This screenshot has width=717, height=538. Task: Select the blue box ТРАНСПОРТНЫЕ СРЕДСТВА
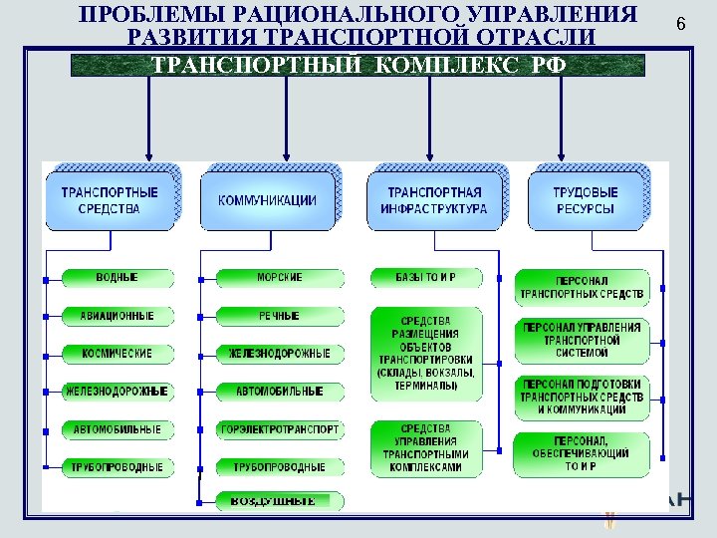click(110, 200)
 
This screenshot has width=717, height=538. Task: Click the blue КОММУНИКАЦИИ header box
click(267, 200)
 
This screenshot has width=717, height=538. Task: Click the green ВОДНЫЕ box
click(118, 277)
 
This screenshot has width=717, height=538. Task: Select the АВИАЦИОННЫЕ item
click(118, 316)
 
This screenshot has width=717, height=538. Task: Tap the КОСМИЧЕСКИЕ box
click(118, 354)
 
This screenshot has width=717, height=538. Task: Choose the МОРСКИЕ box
click(280, 277)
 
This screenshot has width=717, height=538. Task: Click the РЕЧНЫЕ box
click(280, 316)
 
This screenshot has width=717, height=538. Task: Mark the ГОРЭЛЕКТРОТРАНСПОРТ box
click(280, 429)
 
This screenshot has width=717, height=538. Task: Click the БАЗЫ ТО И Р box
click(425, 276)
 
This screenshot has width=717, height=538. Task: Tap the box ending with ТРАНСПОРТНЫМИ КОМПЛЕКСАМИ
click(425, 448)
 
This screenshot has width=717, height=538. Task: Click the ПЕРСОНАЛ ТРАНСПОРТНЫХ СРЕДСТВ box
click(583, 288)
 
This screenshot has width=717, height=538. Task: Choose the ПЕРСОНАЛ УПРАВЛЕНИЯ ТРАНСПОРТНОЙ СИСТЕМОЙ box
click(583, 340)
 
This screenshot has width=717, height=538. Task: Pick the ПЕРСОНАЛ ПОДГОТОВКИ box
click(583, 397)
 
